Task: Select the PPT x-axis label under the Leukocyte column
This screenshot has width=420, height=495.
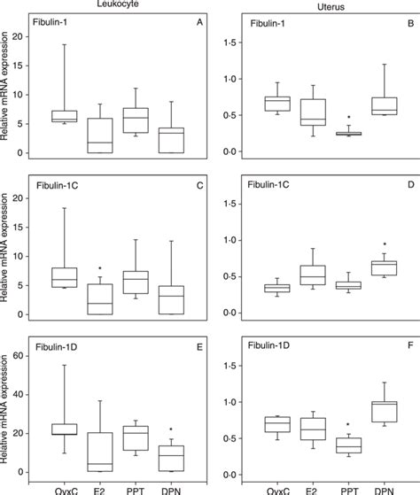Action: (136, 488)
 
